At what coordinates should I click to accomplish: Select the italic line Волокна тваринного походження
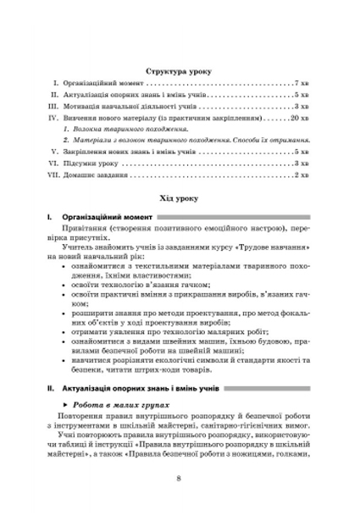point(130,131)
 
